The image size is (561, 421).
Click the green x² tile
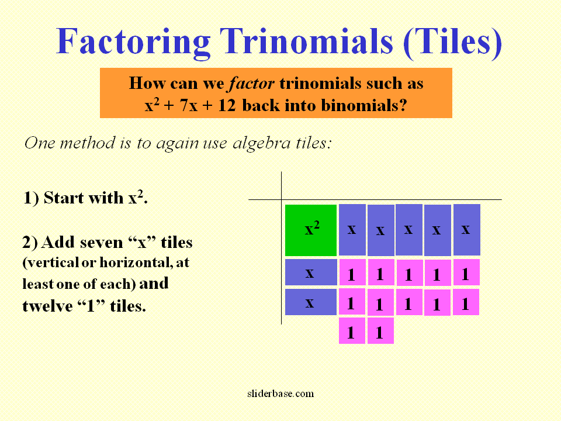pos(311,230)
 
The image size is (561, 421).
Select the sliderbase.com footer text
pos(279,394)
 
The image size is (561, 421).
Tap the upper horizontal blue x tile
pos(311,272)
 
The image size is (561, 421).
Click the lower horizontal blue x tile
pos(311,302)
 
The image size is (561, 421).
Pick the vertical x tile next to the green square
pos(352,230)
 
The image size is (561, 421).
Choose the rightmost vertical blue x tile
pos(466,230)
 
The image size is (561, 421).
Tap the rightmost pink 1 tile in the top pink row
pos(466,273)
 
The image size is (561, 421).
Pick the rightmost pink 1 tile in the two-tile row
pos(380,332)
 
